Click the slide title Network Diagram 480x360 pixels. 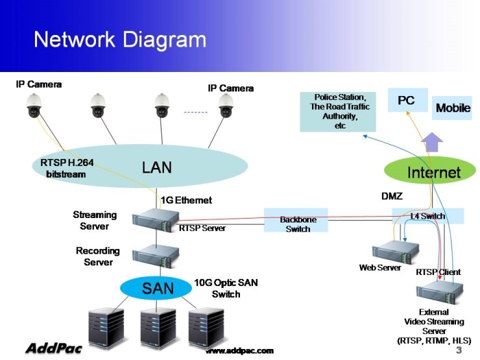pos(120,40)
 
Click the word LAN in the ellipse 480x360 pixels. pos(157,167)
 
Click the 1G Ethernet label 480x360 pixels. pos(186,200)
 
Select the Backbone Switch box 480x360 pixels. pos(297,221)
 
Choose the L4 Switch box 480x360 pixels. pos(428,216)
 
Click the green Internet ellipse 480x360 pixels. pos(433,172)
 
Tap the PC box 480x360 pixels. pos(407,101)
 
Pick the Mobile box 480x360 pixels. pos(452,108)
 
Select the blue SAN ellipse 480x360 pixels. pos(158,287)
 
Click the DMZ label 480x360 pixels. pos(391,195)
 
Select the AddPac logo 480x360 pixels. pos(53,348)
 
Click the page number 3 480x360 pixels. pos(459,350)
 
